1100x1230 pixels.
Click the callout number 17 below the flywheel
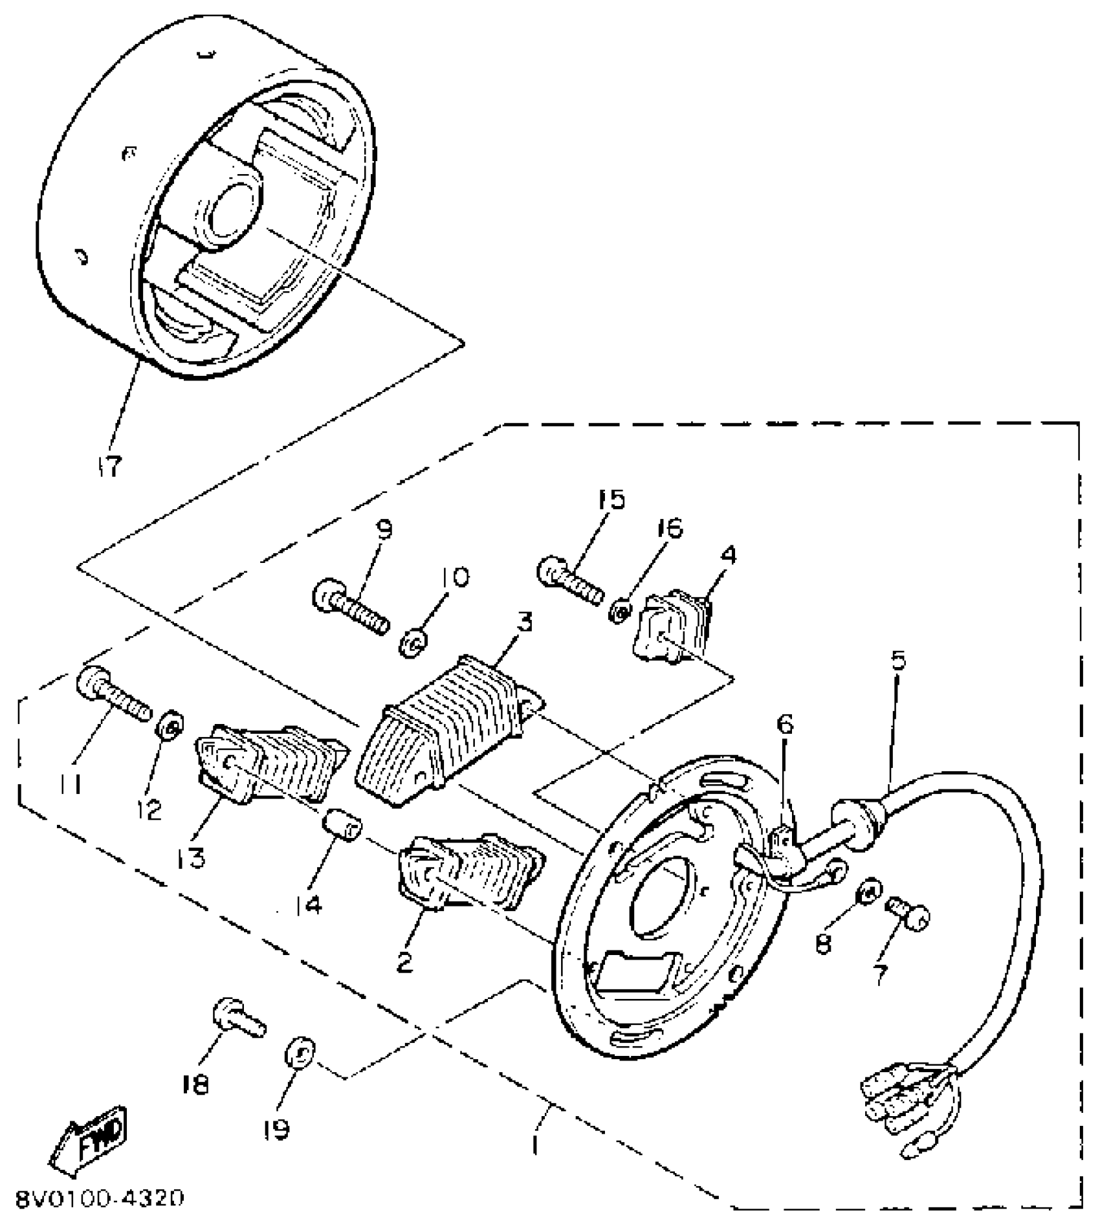click(x=110, y=466)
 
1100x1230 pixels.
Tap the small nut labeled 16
click(x=619, y=610)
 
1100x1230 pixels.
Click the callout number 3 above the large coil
click(x=524, y=622)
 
